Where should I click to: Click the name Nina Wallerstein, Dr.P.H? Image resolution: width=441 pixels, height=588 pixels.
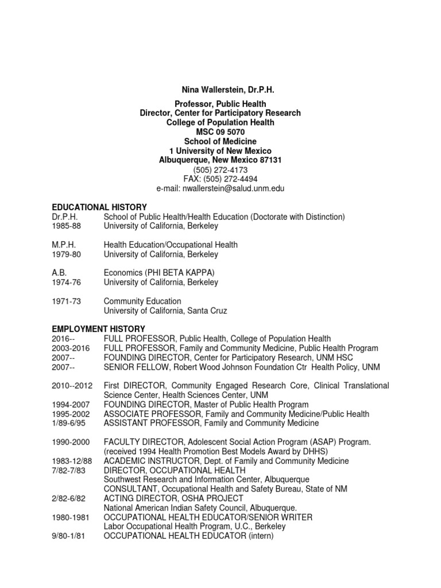click(220, 90)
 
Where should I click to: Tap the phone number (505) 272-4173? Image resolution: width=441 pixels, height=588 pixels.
click(220, 169)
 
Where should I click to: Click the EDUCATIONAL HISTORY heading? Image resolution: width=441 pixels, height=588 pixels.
click(99, 207)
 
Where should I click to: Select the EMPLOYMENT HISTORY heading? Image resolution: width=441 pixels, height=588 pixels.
click(99, 329)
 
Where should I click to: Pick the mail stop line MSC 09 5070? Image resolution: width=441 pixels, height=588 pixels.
click(220, 131)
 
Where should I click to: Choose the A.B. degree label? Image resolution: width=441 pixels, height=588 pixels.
click(59, 273)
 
